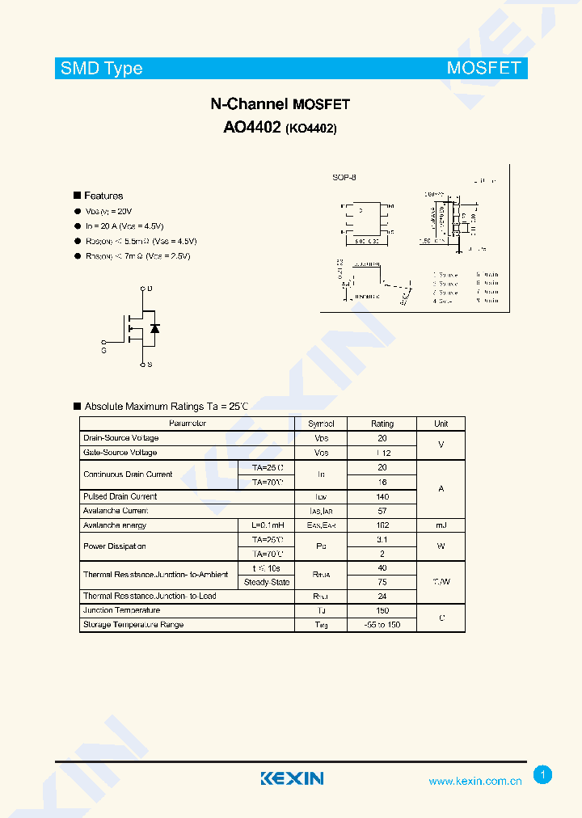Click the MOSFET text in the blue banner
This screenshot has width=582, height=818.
coord(483,68)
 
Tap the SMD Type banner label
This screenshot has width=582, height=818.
coord(101,68)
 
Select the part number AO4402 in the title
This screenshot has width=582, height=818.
coord(251,127)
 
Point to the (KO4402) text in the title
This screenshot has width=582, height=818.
coord(311,128)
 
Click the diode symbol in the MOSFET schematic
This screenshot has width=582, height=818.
coord(154,327)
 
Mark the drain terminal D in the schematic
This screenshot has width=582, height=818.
coord(150,288)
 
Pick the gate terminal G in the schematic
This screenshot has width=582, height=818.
coord(103,350)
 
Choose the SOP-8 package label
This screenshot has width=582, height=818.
coord(344,177)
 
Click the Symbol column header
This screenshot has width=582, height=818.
coord(321,424)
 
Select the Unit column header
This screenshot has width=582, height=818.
coord(441,424)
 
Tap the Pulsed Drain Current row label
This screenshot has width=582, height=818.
coord(120,496)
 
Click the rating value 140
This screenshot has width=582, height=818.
coord(382,496)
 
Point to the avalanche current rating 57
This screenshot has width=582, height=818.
coord(382,511)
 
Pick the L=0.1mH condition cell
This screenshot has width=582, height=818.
coord(267,525)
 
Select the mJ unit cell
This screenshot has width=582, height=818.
coord(441,525)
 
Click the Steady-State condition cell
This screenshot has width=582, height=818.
coord(267,582)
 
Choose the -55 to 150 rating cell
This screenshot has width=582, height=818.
coord(382,625)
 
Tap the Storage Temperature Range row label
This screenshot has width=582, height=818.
coord(133,625)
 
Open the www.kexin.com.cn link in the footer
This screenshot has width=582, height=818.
coord(474,781)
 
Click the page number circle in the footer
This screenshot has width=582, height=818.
coord(543,775)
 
